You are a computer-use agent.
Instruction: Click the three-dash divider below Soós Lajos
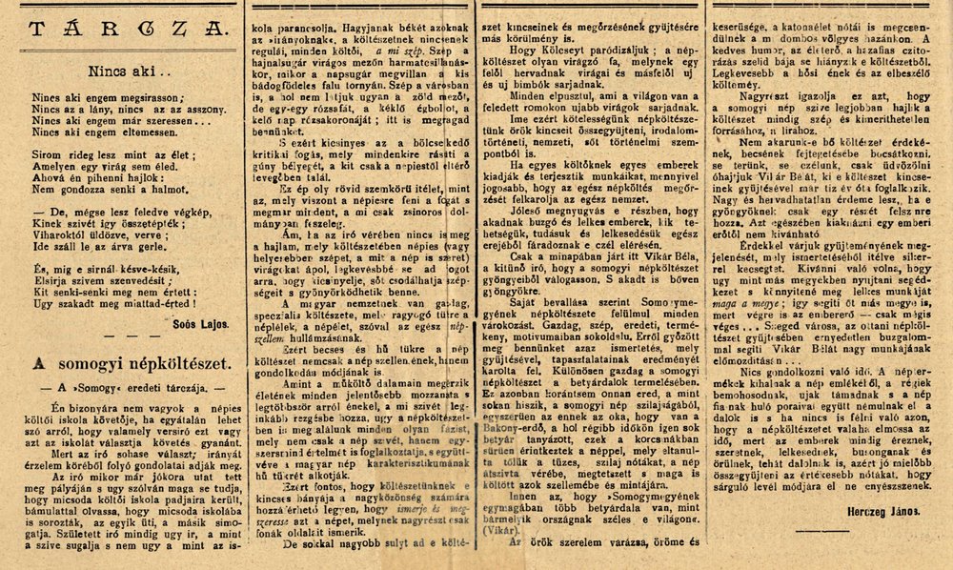(x=121, y=339)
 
